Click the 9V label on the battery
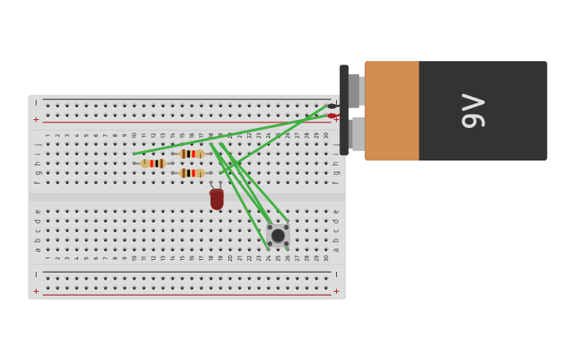(x=474, y=110)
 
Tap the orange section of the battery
(x=392, y=110)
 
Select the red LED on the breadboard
(x=217, y=199)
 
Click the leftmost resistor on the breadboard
(x=153, y=164)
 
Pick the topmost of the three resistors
(x=191, y=154)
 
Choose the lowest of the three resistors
(x=191, y=173)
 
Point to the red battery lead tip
(x=332, y=116)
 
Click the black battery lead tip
(x=332, y=106)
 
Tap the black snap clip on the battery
(x=344, y=110)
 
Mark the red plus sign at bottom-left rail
(x=37, y=291)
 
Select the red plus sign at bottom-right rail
(x=336, y=291)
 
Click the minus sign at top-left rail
(x=37, y=103)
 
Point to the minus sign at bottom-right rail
(x=336, y=275)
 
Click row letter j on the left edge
(x=37, y=145)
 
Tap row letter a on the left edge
(x=37, y=250)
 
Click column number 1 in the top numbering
(x=48, y=135)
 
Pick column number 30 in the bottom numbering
(x=326, y=258)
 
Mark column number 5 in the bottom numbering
(x=86, y=258)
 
